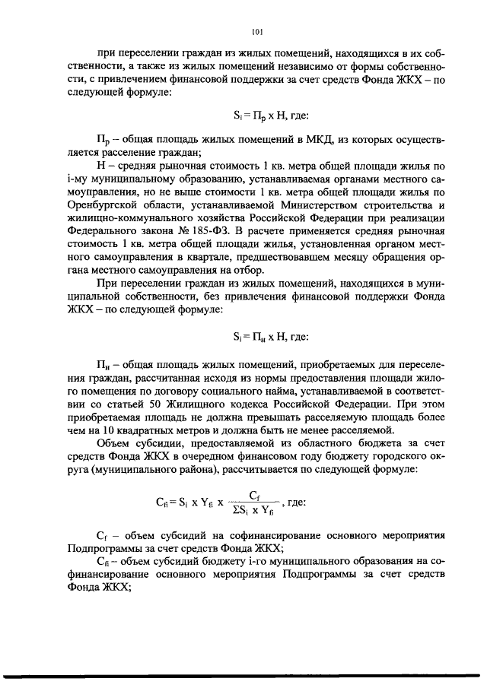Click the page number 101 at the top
(256, 31)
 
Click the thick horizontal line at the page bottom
(243, 675)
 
